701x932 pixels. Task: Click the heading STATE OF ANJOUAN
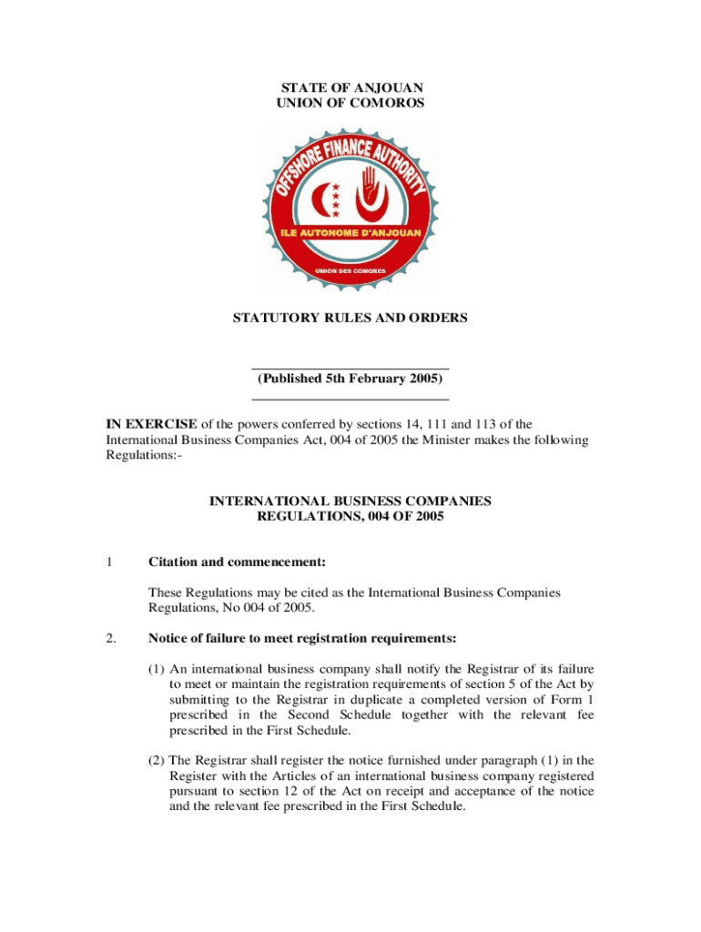[350, 88]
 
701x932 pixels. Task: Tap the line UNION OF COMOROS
[350, 104]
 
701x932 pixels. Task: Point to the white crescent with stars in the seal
[327, 198]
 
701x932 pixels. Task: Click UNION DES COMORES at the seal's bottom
[350, 271]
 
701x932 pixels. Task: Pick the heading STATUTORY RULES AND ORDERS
[350, 319]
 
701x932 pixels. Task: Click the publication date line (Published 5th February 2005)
[350, 378]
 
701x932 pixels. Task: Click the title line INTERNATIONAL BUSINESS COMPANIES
[350, 501]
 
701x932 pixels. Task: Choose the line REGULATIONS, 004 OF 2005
[350, 517]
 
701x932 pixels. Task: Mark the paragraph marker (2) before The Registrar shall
[157, 760]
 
